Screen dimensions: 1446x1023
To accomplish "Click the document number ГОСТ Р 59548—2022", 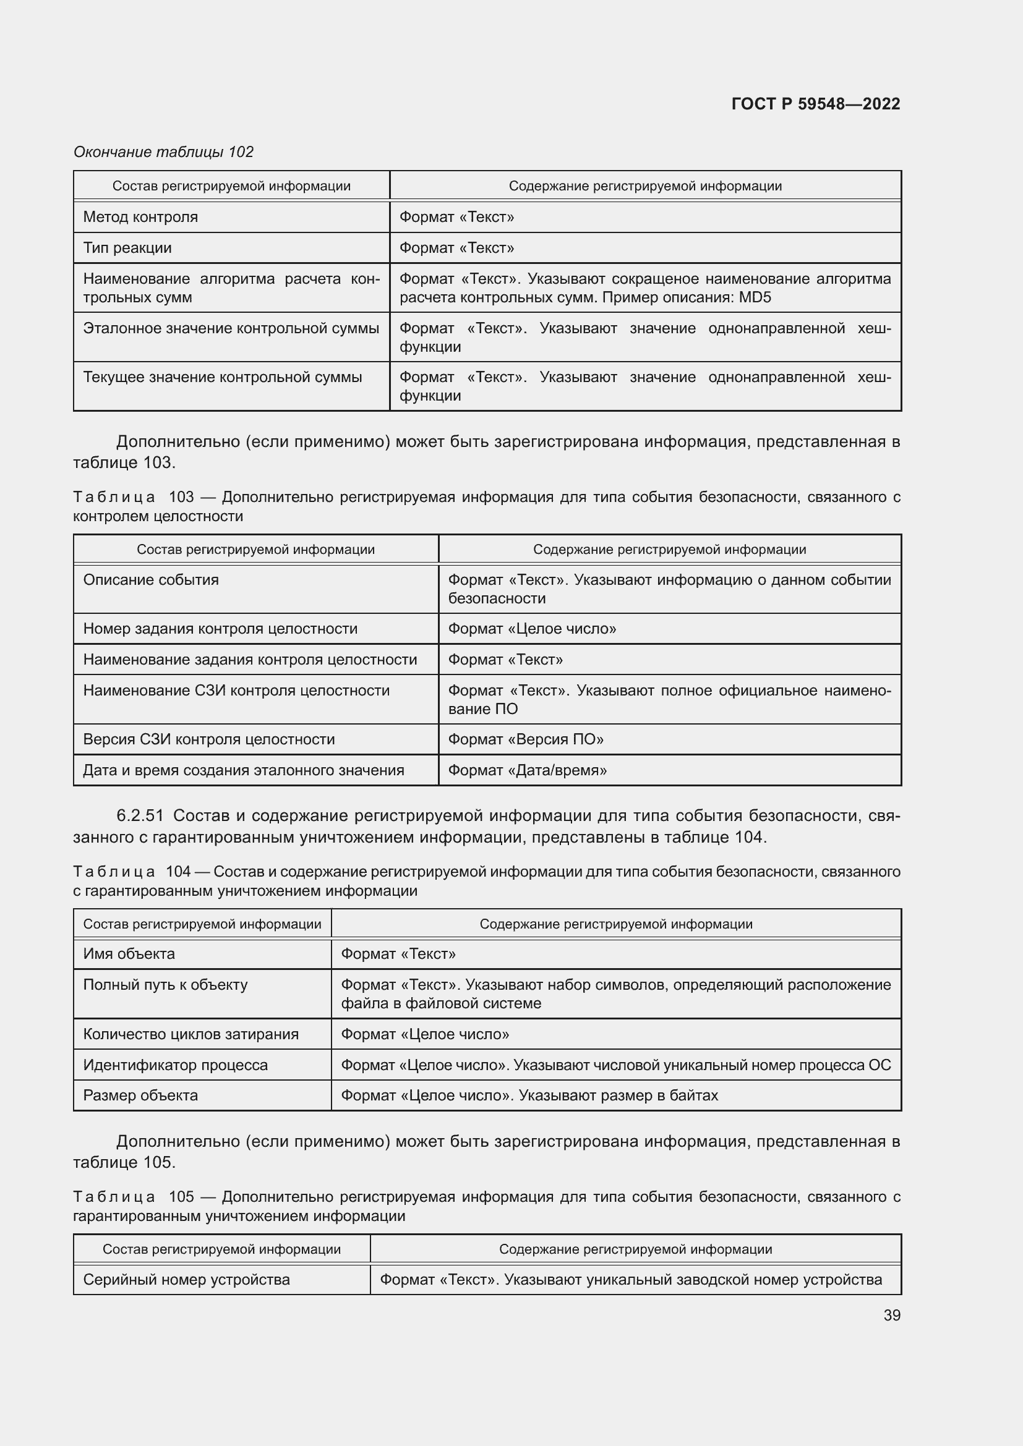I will pyautogui.click(x=815, y=104).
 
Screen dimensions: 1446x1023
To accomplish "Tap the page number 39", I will pyautogui.click(x=891, y=1315).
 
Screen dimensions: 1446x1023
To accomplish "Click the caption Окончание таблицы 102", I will pyautogui.click(x=163, y=152).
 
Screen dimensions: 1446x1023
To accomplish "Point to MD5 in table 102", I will pyautogui.click(x=755, y=297).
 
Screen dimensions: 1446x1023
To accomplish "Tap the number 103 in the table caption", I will pyautogui.click(x=181, y=497).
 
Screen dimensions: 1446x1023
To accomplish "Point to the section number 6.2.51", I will pyautogui.click(x=140, y=815).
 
